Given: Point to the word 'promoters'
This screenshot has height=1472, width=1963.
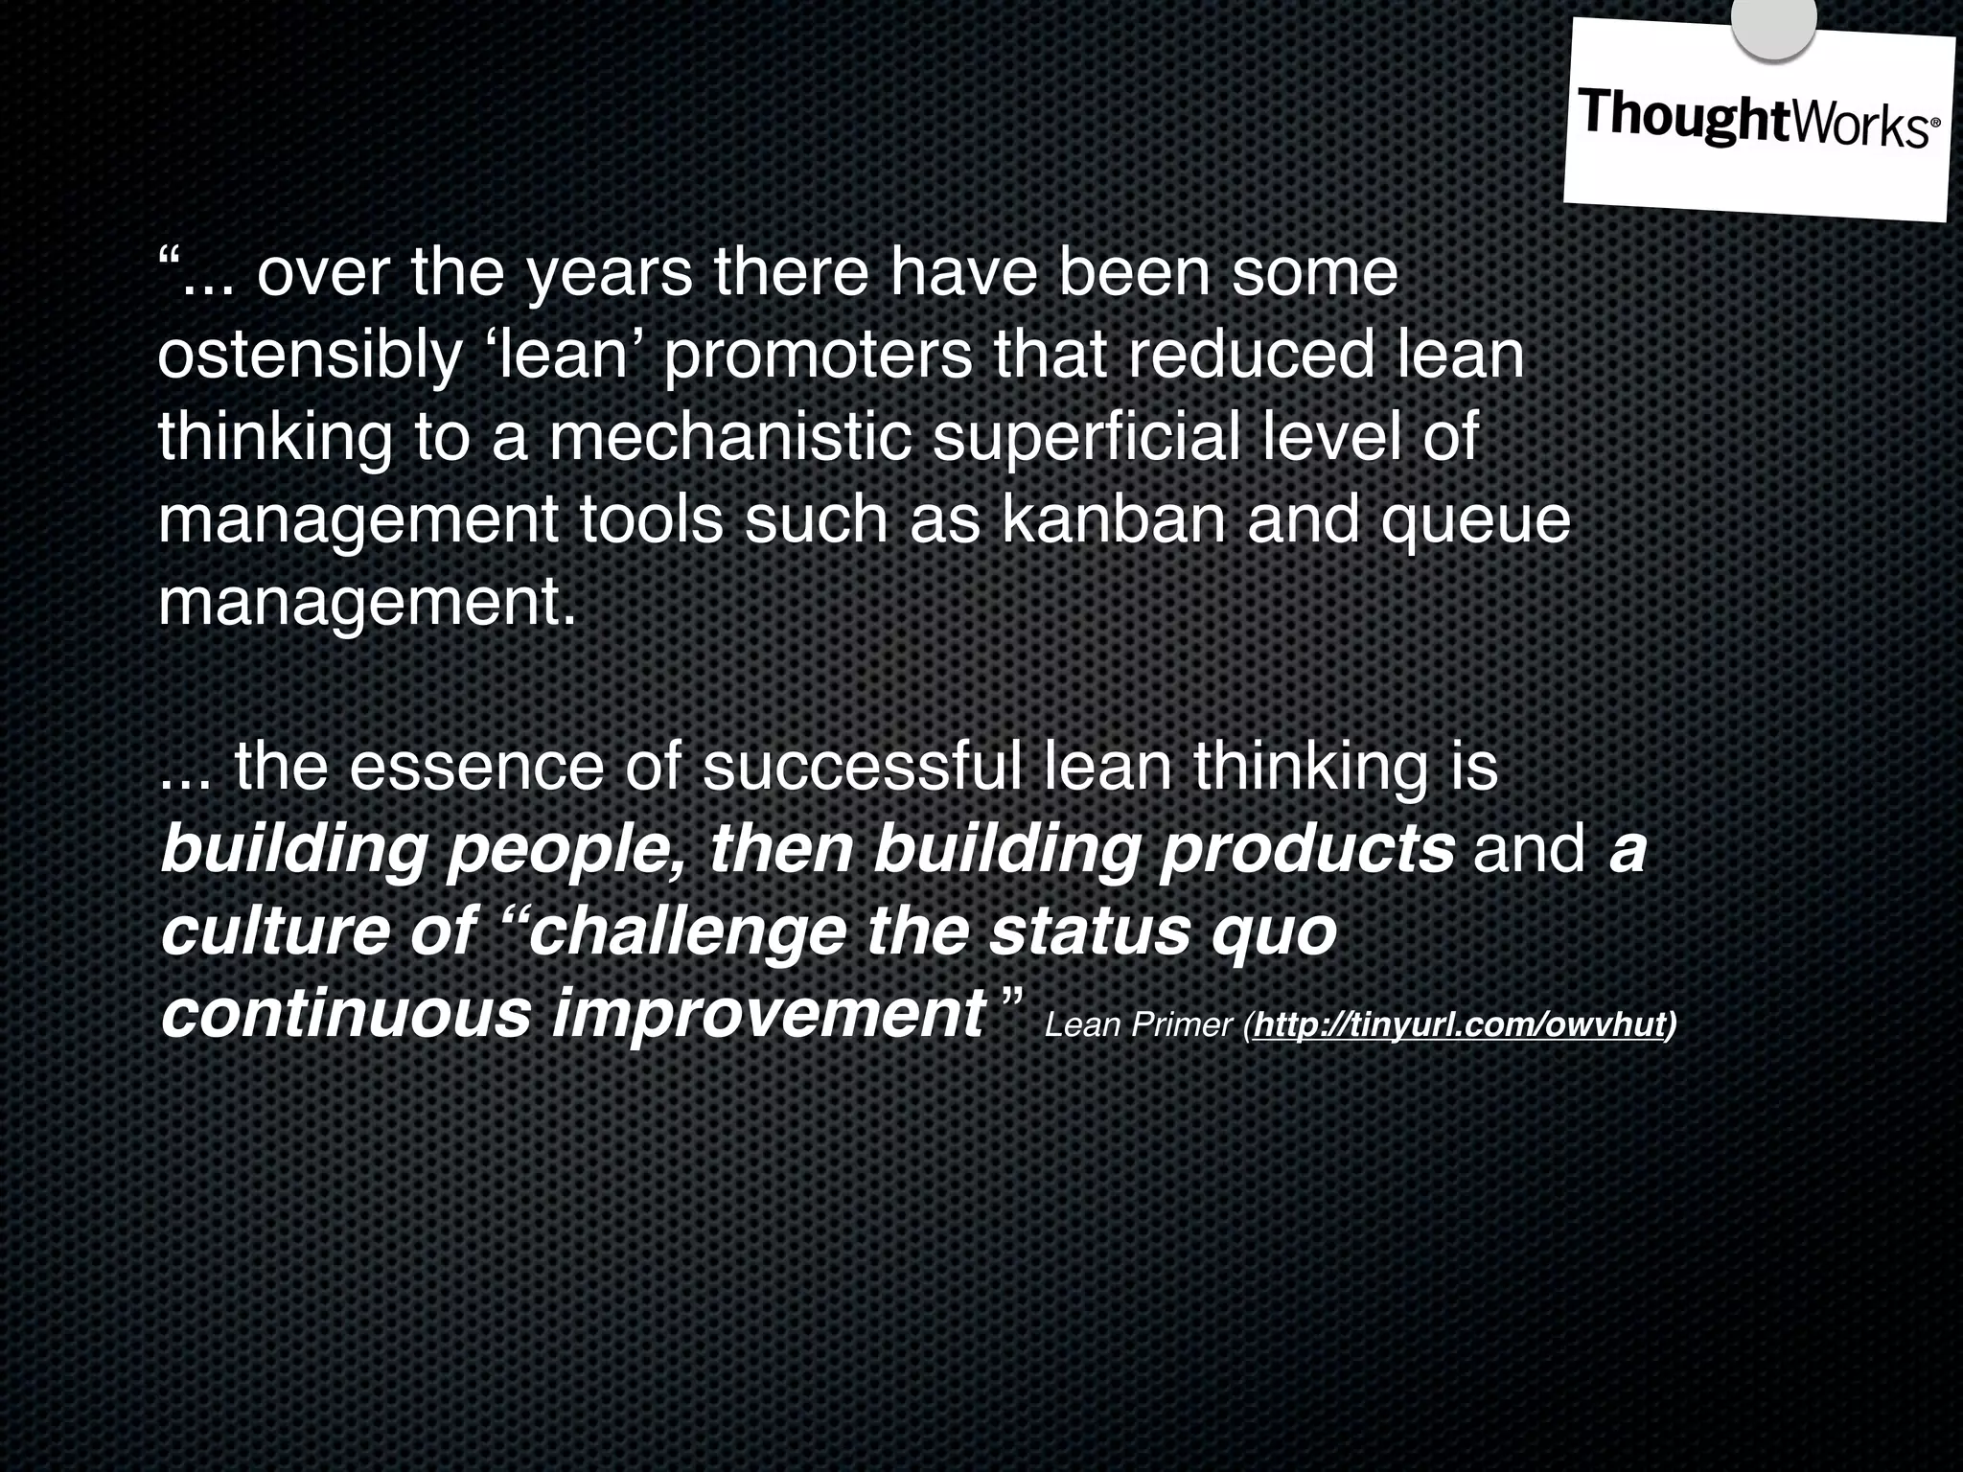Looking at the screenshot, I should coord(817,356).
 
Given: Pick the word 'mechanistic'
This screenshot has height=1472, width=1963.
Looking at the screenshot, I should coord(729,437).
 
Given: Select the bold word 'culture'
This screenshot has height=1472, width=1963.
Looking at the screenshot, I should coord(272,931).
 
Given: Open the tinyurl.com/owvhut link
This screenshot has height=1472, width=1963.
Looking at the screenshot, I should coord(1457,1025).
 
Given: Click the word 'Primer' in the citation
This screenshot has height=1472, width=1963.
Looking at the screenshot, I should coord(1181,1026).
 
